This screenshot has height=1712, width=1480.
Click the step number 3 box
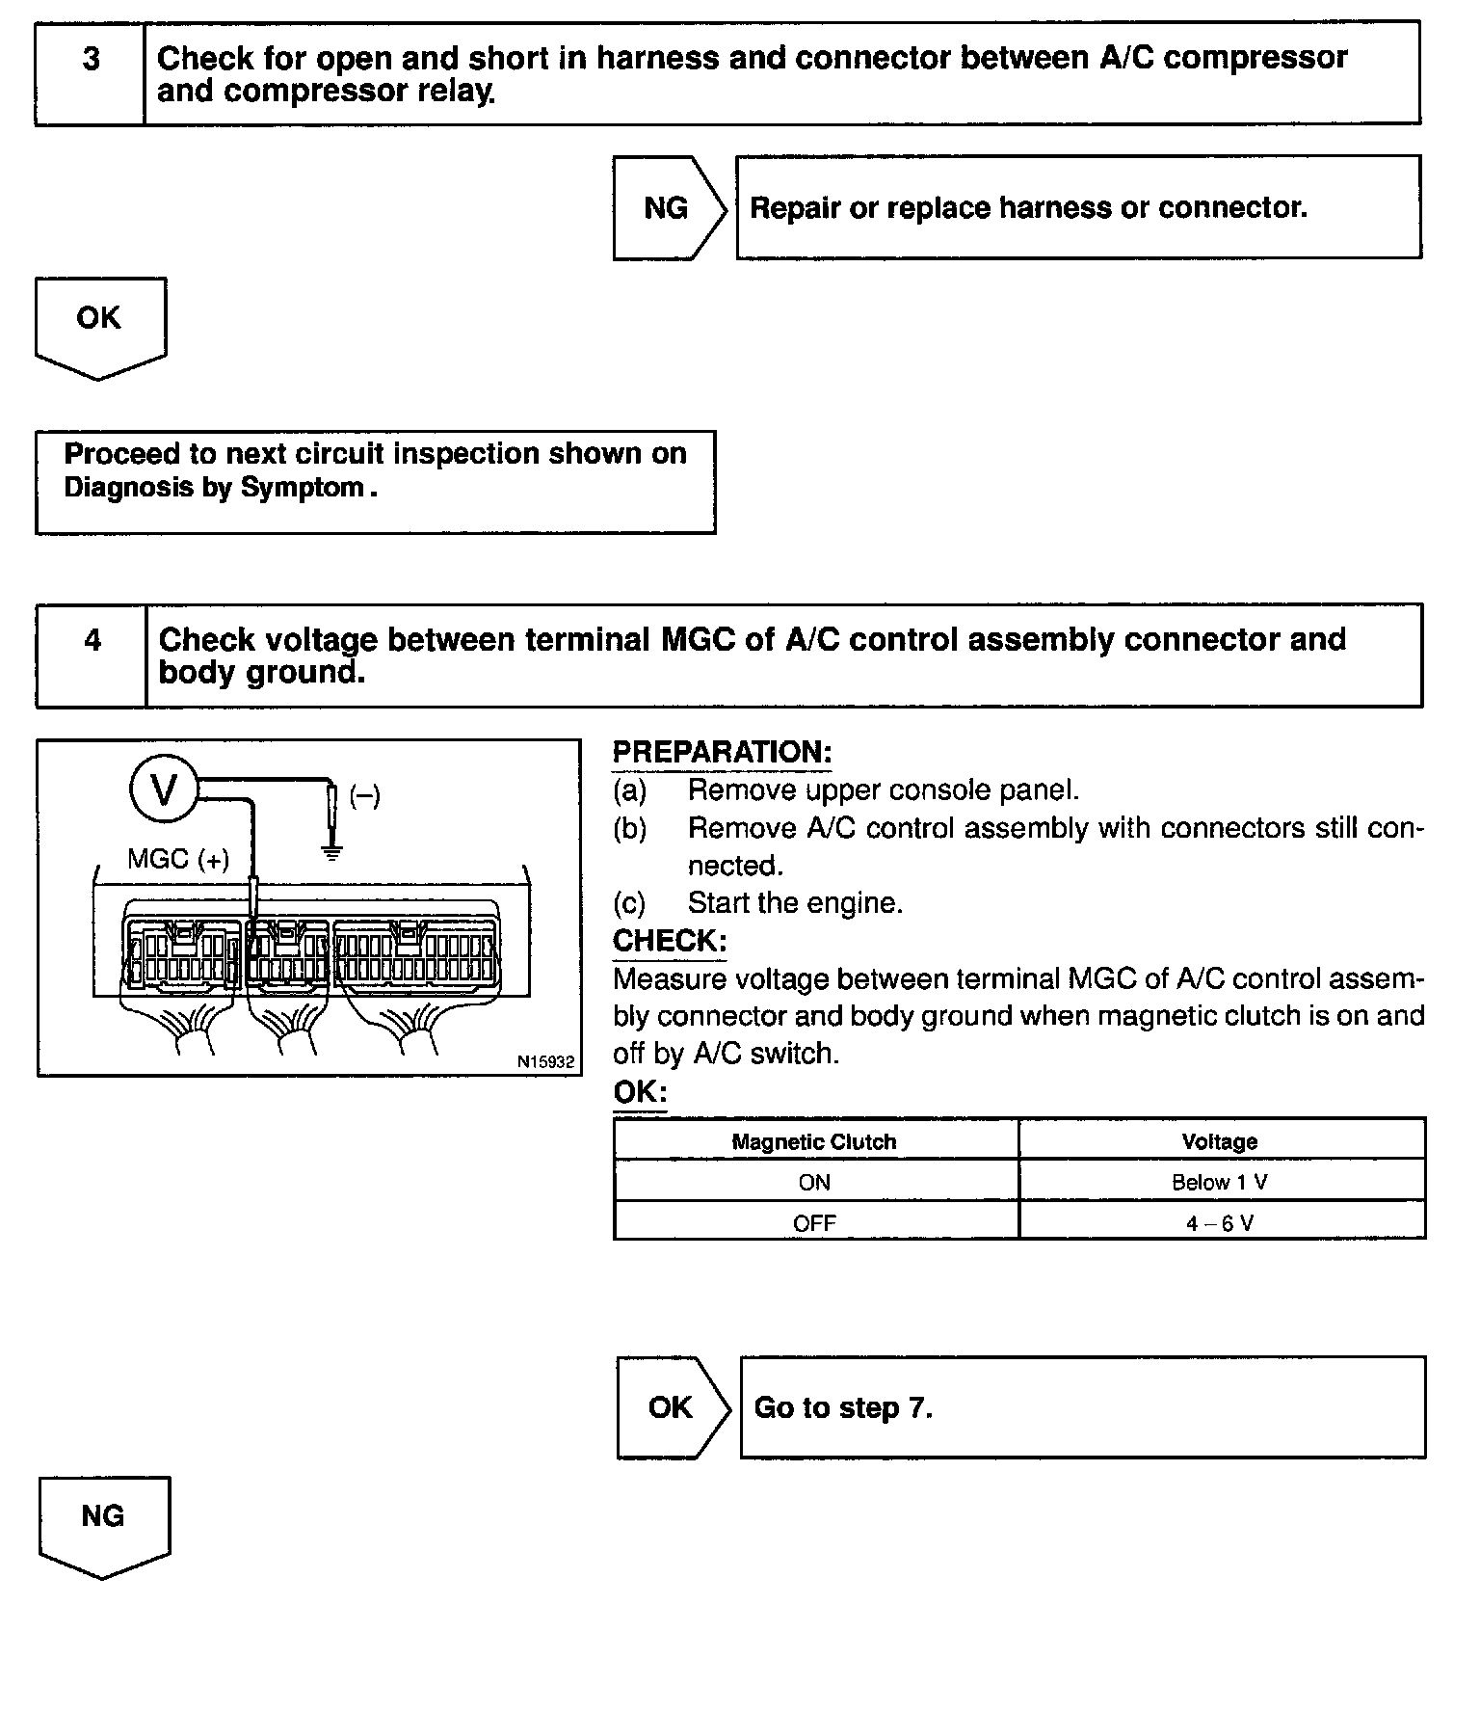click(91, 74)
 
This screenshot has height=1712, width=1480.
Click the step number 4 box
click(92, 655)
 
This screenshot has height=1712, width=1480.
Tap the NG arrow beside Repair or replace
click(667, 208)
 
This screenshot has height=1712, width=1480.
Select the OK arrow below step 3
click(99, 323)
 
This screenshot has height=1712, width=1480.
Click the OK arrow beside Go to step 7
click(671, 1407)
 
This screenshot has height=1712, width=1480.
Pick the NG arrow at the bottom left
click(103, 1521)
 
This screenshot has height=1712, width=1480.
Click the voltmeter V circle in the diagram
click(164, 790)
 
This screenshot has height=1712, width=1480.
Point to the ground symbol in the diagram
click(331, 852)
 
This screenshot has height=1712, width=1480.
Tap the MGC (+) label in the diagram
click(178, 859)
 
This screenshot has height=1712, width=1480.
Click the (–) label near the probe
click(364, 796)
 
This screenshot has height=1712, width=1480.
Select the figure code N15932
click(545, 1061)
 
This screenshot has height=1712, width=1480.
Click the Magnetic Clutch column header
click(814, 1142)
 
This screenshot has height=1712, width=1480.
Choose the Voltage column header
click(1220, 1142)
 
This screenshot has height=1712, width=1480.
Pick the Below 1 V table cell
click(1220, 1183)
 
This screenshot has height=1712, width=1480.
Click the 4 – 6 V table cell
click(1220, 1223)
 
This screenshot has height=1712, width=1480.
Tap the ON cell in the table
click(814, 1183)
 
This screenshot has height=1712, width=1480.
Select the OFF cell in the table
click(814, 1223)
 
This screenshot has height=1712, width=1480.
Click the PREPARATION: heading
click(722, 752)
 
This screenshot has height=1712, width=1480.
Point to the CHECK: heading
click(670, 941)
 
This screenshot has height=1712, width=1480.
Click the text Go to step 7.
click(843, 1408)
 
